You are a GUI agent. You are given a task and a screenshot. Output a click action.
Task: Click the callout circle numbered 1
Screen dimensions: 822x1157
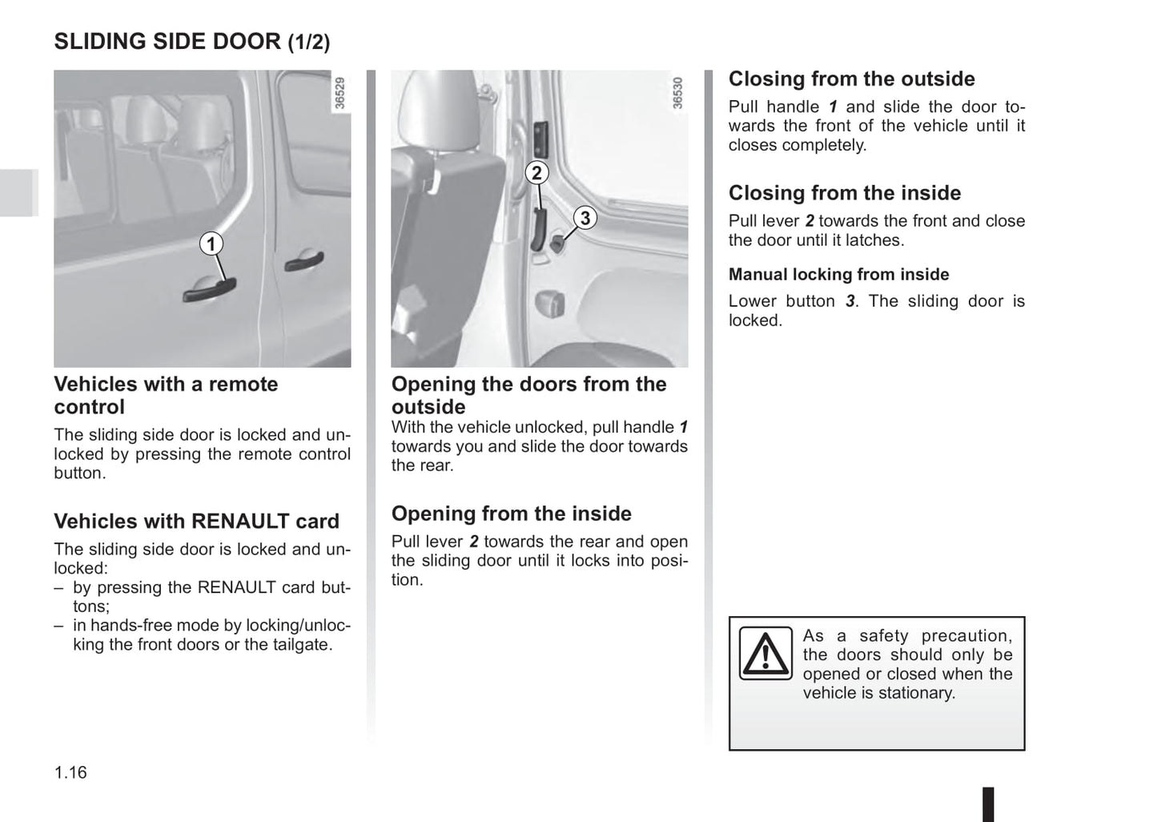click(x=211, y=244)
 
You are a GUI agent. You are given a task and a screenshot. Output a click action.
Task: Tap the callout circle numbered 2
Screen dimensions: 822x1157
click(x=536, y=173)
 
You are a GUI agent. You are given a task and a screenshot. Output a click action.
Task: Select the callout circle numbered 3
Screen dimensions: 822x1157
click(x=585, y=218)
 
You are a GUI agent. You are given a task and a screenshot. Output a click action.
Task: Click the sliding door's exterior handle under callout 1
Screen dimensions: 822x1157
click(x=210, y=288)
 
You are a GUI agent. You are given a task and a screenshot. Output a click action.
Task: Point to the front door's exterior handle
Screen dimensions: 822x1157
click(x=305, y=261)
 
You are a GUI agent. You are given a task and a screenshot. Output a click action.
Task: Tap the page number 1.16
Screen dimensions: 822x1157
click(x=70, y=772)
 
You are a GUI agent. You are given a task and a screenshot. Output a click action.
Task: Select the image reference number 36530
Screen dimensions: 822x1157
click(x=677, y=93)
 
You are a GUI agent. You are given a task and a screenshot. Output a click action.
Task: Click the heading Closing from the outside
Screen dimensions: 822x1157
click(x=851, y=79)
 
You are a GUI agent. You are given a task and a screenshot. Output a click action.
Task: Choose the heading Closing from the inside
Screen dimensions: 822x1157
click(x=844, y=193)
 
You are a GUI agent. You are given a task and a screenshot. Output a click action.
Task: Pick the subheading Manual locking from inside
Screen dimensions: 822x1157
click(x=838, y=274)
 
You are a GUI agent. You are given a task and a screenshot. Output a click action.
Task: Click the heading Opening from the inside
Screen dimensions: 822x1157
click(x=511, y=514)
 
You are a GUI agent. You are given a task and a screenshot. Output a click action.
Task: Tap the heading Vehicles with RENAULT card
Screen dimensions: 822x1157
click(x=196, y=522)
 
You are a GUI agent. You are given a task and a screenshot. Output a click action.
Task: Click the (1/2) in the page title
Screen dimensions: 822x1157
click(x=308, y=42)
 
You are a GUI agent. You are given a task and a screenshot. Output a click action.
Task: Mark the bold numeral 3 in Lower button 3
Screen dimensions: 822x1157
click(x=850, y=301)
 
